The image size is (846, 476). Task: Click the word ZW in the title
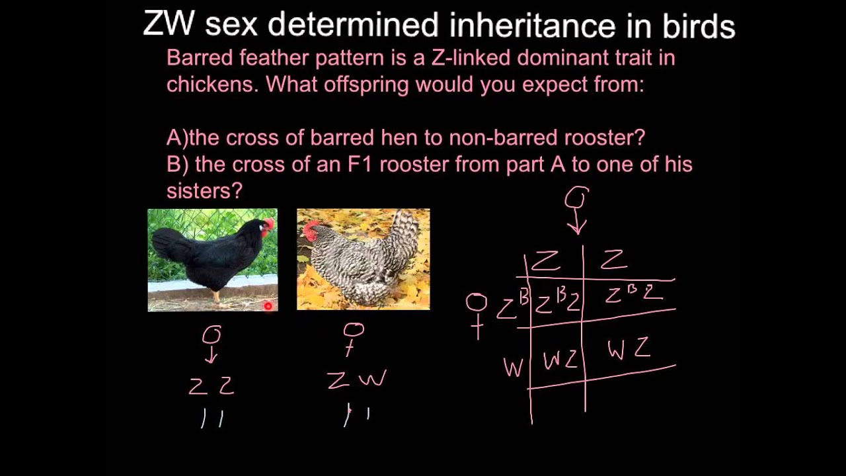pos(169,24)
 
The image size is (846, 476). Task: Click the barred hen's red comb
pos(309,231)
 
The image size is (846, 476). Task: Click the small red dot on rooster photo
pos(268,305)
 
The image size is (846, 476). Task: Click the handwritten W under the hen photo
pos(373,379)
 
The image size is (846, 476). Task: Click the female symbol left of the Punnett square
pos(477,314)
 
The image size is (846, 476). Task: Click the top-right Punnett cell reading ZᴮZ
pos(633,294)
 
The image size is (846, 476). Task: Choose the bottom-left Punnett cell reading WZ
pos(560,360)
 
